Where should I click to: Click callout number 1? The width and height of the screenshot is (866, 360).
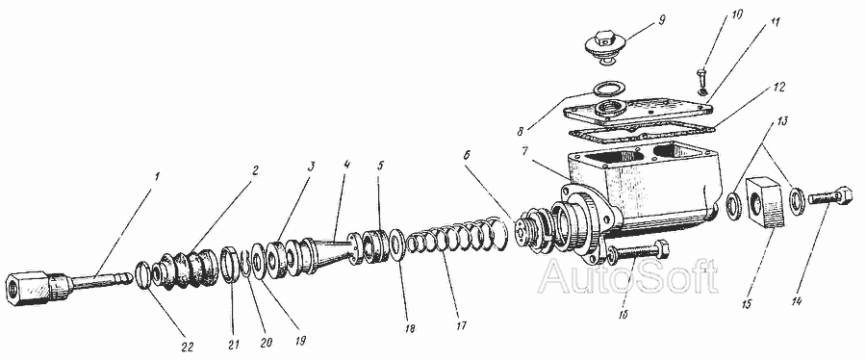(157, 177)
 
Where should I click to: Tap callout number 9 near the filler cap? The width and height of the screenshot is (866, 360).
(662, 20)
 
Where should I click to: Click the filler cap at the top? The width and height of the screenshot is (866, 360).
(606, 47)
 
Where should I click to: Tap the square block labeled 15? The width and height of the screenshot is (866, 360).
(766, 203)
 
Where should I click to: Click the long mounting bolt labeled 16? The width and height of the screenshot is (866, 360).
(639, 253)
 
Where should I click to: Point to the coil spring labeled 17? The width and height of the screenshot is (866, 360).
(457, 237)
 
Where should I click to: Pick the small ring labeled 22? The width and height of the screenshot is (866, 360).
(143, 274)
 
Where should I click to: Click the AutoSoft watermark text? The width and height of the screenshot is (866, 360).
(628, 276)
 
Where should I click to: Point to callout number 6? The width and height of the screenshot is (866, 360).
(467, 156)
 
